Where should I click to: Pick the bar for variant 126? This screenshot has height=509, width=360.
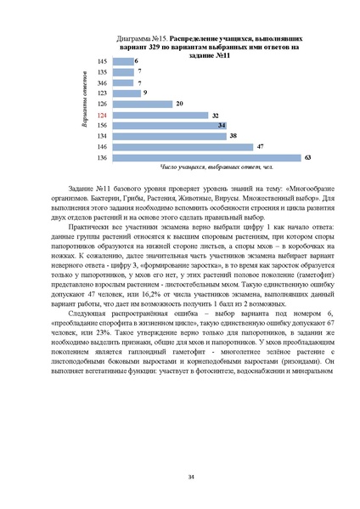point(141,104)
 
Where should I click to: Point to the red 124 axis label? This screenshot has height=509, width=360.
point(102,115)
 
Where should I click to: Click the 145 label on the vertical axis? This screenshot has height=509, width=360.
point(102,62)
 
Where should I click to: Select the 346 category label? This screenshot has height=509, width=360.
point(102,83)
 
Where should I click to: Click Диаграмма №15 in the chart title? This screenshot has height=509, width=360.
point(138,40)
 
